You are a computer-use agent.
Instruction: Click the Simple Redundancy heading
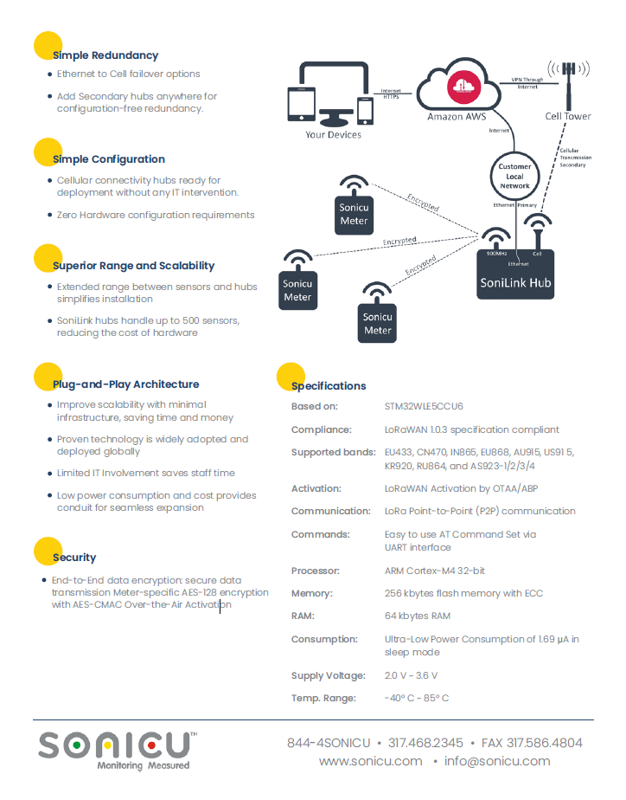pyautogui.click(x=105, y=55)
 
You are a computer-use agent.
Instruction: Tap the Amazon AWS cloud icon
pyautogui.click(x=458, y=85)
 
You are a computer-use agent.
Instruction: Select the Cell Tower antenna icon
pyautogui.click(x=568, y=84)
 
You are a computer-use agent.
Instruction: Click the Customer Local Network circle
pyautogui.click(x=514, y=176)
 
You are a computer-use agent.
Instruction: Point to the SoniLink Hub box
pyautogui.click(x=515, y=274)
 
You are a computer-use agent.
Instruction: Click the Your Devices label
pyautogui.click(x=333, y=135)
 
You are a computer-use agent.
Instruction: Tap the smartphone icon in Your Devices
pyautogui.click(x=365, y=110)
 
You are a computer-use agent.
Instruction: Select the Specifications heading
pyautogui.click(x=329, y=386)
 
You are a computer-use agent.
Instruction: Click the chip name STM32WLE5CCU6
pyautogui.click(x=424, y=406)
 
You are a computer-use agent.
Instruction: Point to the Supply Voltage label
pyautogui.click(x=328, y=675)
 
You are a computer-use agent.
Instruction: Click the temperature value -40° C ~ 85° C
pyautogui.click(x=417, y=698)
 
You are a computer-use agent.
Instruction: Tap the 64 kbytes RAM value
pyautogui.click(x=417, y=616)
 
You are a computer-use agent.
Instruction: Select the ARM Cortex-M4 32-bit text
pyautogui.click(x=434, y=571)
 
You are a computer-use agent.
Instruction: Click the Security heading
pyautogui.click(x=74, y=558)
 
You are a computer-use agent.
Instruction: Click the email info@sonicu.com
pyautogui.click(x=497, y=761)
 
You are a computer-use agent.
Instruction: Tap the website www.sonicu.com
pyautogui.click(x=370, y=761)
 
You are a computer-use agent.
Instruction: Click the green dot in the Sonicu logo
pyautogui.click(x=76, y=745)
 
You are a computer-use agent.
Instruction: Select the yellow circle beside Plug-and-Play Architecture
pyautogui.click(x=48, y=377)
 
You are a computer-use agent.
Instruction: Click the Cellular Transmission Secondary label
pyautogui.click(x=576, y=158)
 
